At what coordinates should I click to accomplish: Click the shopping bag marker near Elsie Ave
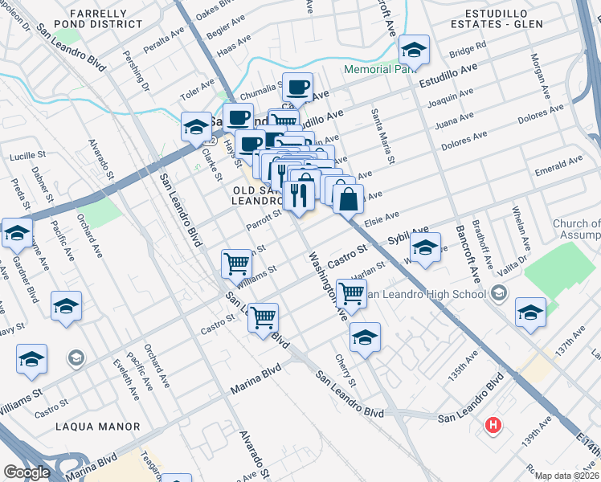pos(348,198)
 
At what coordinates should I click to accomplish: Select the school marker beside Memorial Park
pos(414,51)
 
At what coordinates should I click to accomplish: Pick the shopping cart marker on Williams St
pos(237,263)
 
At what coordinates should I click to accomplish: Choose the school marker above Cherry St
pos(365,337)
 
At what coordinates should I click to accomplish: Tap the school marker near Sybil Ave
pos(425,246)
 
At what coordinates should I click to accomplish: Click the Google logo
pos(27,472)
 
